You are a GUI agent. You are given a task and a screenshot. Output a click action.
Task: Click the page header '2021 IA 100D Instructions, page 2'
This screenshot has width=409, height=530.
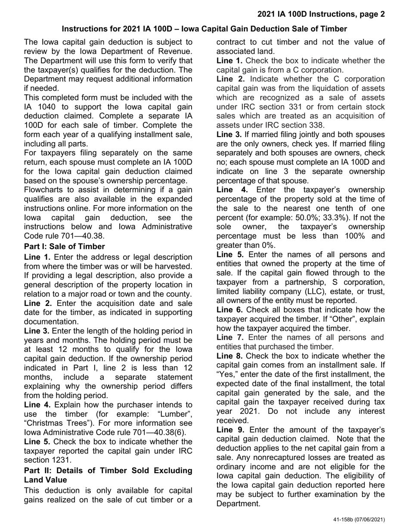(x=321, y=14)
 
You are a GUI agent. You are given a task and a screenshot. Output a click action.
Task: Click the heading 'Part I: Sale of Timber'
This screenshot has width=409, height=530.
(x=64, y=246)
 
